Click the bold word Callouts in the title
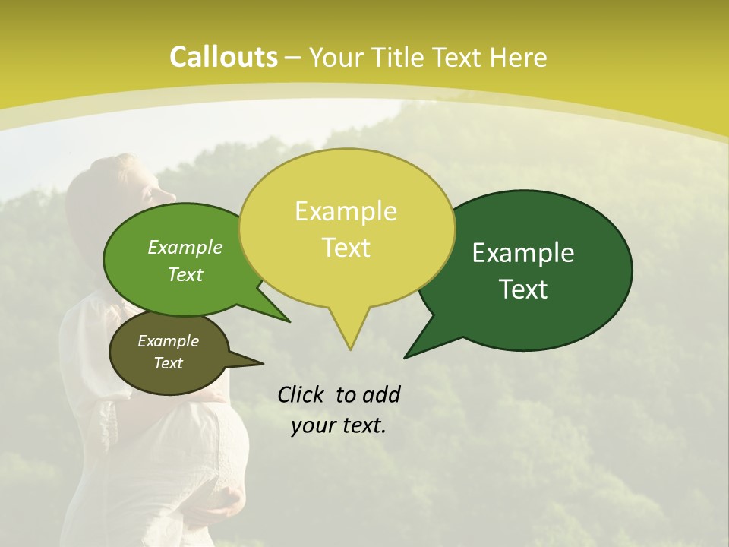click(222, 57)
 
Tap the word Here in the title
click(519, 57)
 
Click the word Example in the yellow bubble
click(346, 211)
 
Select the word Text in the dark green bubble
click(524, 289)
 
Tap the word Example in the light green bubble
click(185, 247)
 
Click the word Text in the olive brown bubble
click(169, 363)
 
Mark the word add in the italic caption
click(381, 394)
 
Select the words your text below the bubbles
click(339, 425)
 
